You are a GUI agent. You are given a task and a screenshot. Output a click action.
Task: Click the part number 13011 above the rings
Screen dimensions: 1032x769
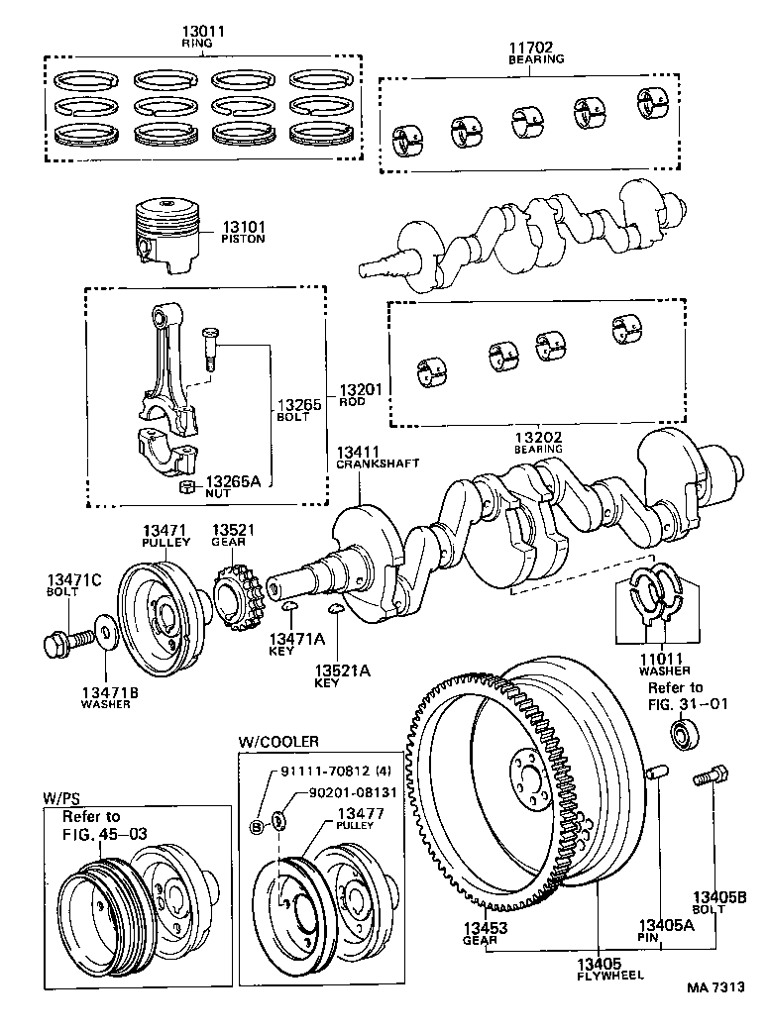pos(204,32)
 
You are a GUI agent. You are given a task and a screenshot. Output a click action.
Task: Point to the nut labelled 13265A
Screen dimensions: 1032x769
pos(184,486)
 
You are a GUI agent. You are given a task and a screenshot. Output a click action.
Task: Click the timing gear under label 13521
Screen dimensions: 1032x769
pos(234,598)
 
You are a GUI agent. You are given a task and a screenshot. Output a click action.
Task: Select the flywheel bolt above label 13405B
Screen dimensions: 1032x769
pos(712,778)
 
